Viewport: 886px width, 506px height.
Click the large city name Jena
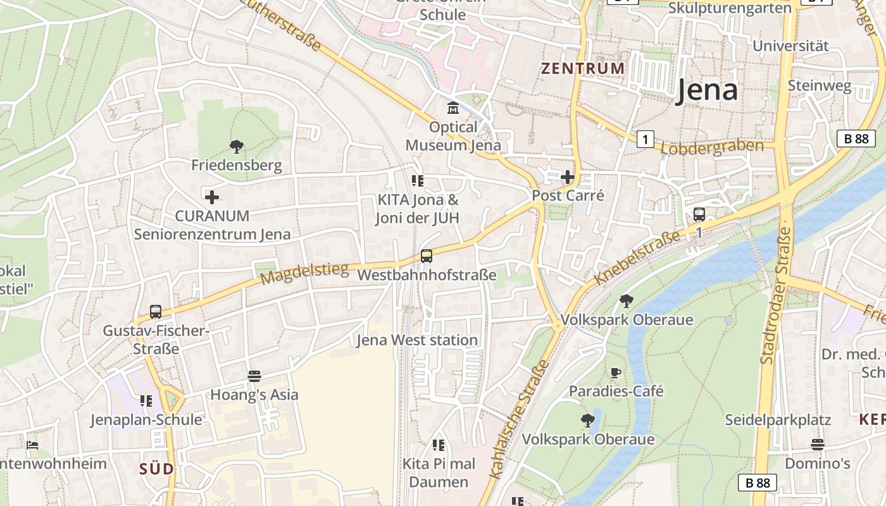(706, 90)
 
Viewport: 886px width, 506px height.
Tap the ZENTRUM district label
(582, 68)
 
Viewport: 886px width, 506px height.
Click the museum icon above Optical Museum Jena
(453, 108)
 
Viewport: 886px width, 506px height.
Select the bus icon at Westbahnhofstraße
(427, 256)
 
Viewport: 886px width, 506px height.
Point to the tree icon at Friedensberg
(237, 147)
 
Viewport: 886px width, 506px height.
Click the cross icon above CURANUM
(212, 197)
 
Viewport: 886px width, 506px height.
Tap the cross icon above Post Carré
(568, 177)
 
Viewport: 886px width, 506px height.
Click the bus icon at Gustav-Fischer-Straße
(156, 312)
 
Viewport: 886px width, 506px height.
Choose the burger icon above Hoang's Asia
(254, 376)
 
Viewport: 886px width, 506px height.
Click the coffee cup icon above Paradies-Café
(616, 373)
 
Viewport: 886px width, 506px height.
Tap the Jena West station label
(417, 340)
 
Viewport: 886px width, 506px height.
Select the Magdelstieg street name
(304, 274)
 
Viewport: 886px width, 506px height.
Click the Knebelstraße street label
(637, 257)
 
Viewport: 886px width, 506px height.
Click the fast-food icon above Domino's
(818, 444)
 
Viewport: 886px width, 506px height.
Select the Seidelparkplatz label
(778, 420)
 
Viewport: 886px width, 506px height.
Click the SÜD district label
(156, 469)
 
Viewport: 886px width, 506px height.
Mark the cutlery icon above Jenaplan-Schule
(146, 400)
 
